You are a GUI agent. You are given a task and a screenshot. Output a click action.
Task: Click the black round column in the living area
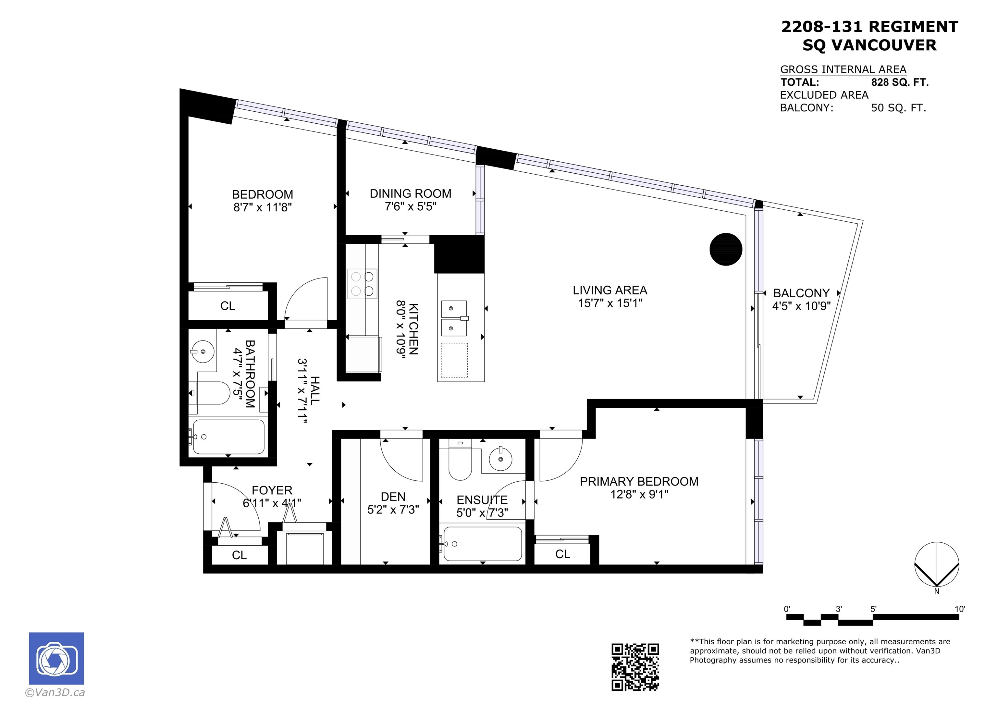coord(726,249)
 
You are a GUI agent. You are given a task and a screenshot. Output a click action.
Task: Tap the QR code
coord(635,667)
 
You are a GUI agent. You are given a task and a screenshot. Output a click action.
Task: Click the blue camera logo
coord(56,659)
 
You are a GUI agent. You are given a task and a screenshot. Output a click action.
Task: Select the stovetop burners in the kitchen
coord(362,284)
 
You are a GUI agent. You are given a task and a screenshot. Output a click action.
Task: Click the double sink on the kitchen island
coord(454,318)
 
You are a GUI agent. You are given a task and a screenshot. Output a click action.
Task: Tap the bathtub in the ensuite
coord(482,544)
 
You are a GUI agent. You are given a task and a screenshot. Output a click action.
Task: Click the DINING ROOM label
coord(410,194)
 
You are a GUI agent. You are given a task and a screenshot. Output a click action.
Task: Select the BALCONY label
coord(801,293)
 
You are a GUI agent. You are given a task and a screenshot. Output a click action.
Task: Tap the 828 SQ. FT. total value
coord(900,82)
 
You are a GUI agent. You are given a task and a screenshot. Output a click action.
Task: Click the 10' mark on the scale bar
coord(960,609)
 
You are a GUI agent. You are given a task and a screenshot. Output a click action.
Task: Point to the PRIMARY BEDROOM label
coord(639,481)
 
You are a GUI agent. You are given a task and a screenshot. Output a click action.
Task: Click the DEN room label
coord(393,497)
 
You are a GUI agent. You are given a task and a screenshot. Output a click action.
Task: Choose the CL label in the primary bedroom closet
coord(562,554)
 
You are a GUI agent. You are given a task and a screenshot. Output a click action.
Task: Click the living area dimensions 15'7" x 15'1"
coord(610,303)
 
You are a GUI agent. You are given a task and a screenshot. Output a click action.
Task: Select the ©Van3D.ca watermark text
coord(55,692)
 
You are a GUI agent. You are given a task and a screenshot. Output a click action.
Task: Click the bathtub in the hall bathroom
coord(228,437)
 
